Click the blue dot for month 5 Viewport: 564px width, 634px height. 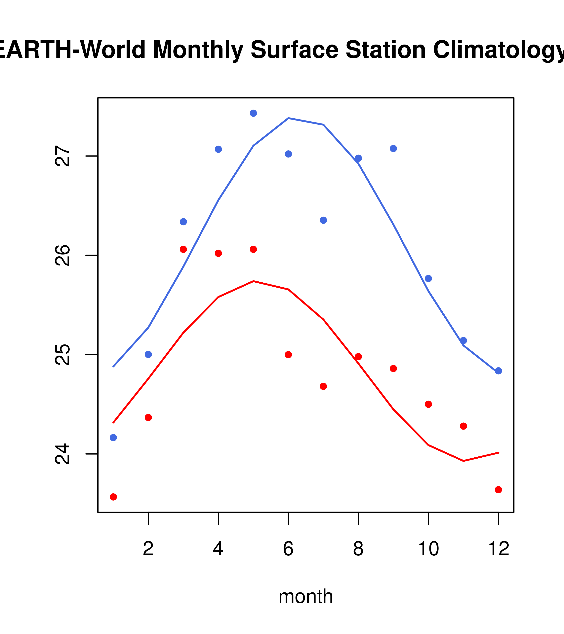click(x=253, y=113)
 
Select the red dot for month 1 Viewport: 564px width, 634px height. click(x=113, y=497)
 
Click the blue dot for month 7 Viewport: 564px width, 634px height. click(x=323, y=220)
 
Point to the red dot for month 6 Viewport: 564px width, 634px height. click(x=288, y=355)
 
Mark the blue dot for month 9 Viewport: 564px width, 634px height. click(x=393, y=149)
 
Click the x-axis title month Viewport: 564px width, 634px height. click(x=305, y=596)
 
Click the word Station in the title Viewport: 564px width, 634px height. click(x=385, y=50)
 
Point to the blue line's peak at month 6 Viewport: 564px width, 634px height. click(x=288, y=118)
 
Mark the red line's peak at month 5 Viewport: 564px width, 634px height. click(x=253, y=281)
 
